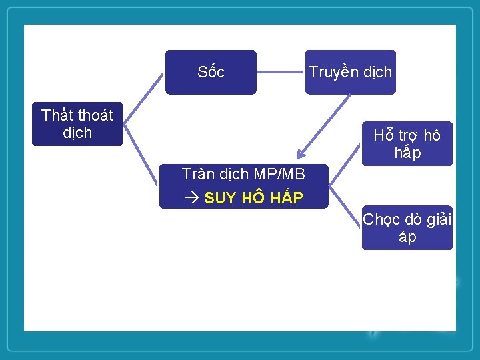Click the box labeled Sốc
pos(211,72)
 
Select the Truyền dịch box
pos(350,72)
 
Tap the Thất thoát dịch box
pos(77,124)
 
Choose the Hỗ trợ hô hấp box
pos(407,144)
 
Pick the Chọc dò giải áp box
pos(407,228)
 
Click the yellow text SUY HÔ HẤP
pos(253,198)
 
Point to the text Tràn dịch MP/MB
pos(243,175)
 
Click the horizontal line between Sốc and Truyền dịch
pos(281,71)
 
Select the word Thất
pos(56,115)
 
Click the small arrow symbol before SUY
pos(191,198)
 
